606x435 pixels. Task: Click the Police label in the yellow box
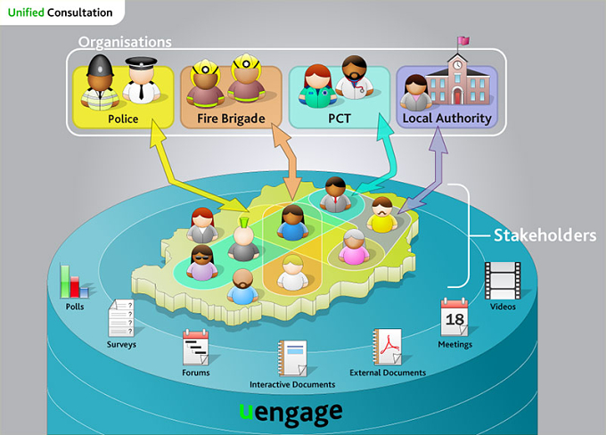pyautogui.click(x=123, y=119)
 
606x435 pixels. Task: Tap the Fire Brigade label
pyautogui.click(x=231, y=119)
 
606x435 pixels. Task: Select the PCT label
pyautogui.click(x=340, y=119)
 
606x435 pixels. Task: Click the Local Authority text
pyautogui.click(x=446, y=118)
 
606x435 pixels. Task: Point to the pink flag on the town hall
pyautogui.click(x=463, y=40)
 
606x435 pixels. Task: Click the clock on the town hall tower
pyautogui.click(x=457, y=65)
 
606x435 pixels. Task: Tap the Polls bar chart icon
pyautogui.click(x=74, y=282)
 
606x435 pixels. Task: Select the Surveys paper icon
pyautogui.click(x=121, y=318)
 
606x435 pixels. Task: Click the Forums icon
pyautogui.click(x=195, y=348)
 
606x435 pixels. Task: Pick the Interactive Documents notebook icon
pyautogui.click(x=292, y=358)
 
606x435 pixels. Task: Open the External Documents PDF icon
pyautogui.click(x=387, y=347)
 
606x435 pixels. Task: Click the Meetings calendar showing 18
pyautogui.click(x=454, y=317)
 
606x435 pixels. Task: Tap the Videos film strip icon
pyautogui.click(x=503, y=281)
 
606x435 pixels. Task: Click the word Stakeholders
pyautogui.click(x=545, y=235)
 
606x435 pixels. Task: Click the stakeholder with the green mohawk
pyautogui.click(x=243, y=240)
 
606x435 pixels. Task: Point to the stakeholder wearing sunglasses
pyautogui.click(x=201, y=263)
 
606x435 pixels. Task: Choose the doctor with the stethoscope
pyautogui.click(x=354, y=78)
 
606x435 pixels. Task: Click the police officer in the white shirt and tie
pyautogui.click(x=141, y=80)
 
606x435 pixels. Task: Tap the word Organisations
pyautogui.click(x=125, y=42)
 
